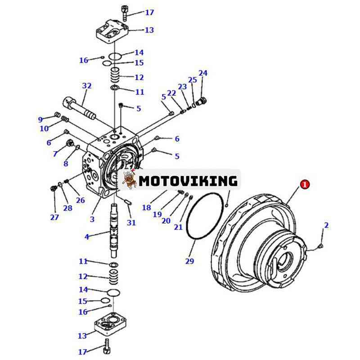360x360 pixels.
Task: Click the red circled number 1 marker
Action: click(x=305, y=184)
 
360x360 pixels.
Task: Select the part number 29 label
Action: click(x=189, y=261)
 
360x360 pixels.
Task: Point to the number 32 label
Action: click(x=86, y=86)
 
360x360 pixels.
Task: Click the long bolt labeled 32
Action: click(x=81, y=108)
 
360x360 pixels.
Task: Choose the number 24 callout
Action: click(x=203, y=73)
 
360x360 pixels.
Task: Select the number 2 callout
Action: click(x=326, y=225)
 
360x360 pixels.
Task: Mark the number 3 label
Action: click(x=92, y=219)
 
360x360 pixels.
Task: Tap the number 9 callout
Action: click(x=40, y=119)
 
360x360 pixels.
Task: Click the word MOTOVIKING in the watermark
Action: click(x=188, y=181)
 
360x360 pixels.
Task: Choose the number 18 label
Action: click(x=146, y=207)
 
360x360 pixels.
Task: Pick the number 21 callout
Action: click(x=178, y=227)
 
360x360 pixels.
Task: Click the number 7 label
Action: click(x=55, y=154)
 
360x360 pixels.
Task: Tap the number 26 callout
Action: click(x=80, y=200)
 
